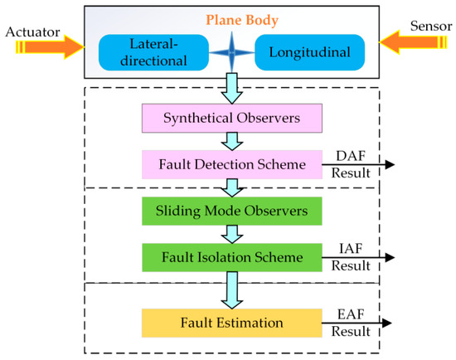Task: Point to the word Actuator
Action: (x=31, y=32)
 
